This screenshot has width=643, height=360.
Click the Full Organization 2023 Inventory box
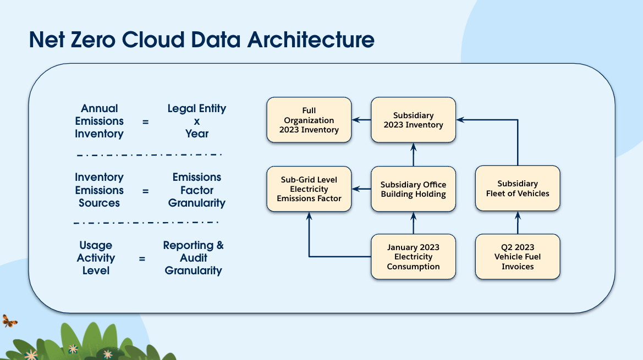coord(309,120)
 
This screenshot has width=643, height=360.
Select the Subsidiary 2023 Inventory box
coord(414,120)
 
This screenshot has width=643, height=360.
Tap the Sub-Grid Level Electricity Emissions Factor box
coord(309,189)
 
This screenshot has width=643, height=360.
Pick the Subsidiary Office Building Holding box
coord(414,189)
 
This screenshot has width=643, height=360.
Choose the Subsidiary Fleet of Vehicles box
coord(518,189)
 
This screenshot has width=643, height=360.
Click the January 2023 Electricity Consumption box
coord(414,257)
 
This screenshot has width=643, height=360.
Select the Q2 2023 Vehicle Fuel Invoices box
coord(518,257)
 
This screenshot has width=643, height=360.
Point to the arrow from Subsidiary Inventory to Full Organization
coord(362,120)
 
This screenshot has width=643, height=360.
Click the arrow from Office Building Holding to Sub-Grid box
coord(362,189)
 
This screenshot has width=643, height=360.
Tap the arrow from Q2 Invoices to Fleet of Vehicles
coord(518,223)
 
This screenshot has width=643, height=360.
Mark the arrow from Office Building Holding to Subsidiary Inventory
coord(414,155)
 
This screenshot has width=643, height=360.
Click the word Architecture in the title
coord(311,40)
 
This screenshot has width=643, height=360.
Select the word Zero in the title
coord(92,40)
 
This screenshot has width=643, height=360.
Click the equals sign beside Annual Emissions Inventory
coord(146,121)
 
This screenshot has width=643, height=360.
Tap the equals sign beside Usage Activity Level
coord(142,259)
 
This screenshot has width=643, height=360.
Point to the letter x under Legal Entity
coord(197,121)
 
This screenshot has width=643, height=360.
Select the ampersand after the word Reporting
coord(220,245)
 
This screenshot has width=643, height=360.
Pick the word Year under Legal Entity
coord(197,134)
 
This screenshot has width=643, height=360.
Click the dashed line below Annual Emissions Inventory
coord(149,155)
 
